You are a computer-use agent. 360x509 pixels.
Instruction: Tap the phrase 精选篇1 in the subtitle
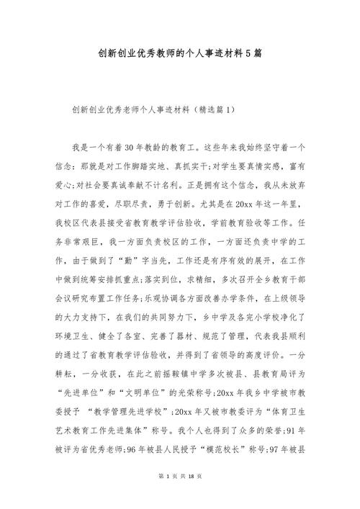215,111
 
